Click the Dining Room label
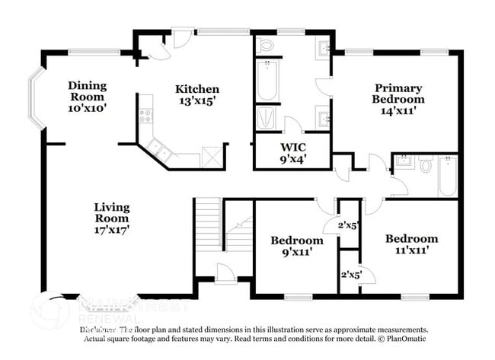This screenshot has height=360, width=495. coord(87,96)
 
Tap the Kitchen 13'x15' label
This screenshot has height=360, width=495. coord(197,95)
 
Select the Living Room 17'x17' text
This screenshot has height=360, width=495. coord(111,218)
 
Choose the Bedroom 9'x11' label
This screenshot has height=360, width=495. coord(292,247)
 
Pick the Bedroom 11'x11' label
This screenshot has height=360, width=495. coord(410,244)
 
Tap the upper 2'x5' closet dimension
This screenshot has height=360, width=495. coord(350,225)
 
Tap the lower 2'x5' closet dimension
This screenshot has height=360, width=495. coord(350,273)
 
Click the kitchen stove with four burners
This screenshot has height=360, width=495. coord(145,116)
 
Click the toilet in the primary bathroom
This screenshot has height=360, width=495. coord(267,45)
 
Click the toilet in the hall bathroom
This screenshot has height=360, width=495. coord(426,164)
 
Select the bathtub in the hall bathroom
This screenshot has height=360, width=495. coord(448,176)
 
